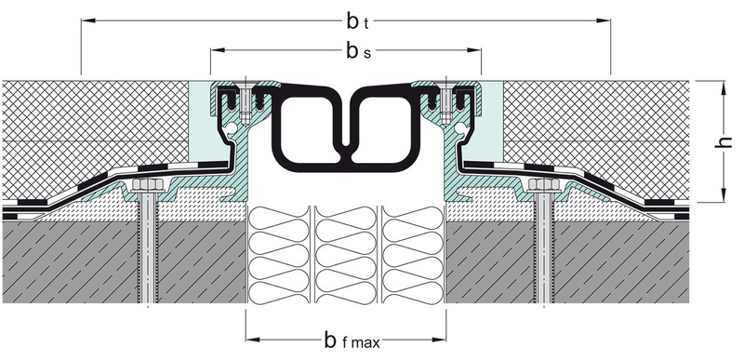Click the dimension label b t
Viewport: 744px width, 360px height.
coord(357,21)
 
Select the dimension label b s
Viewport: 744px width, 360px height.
coord(358,51)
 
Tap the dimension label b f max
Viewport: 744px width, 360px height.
coord(352,340)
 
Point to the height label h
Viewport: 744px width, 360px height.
coord(724,141)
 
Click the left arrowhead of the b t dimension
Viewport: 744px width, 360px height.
coord(88,20)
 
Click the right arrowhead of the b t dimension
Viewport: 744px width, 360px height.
coord(603,20)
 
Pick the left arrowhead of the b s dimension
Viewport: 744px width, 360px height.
coord(218,50)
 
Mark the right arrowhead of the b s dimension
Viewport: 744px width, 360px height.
coord(474,50)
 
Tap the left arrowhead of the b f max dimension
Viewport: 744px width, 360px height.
coord(253,340)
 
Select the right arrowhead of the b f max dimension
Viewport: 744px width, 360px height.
coord(439,340)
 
